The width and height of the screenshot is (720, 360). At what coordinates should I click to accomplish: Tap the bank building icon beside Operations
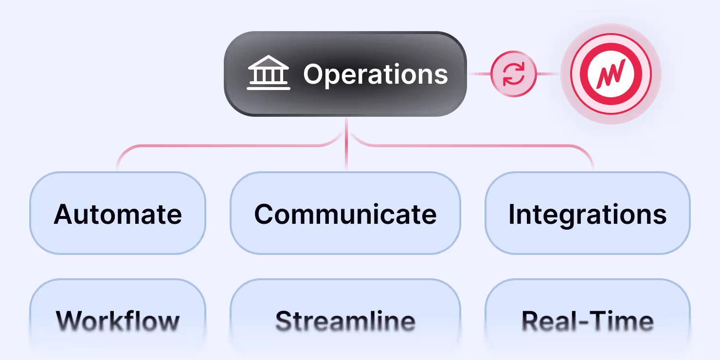(269, 73)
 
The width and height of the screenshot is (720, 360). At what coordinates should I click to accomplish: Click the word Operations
(375, 74)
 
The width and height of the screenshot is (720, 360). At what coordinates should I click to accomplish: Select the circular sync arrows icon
(514, 74)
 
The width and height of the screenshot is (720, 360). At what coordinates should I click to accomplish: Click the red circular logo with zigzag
(612, 74)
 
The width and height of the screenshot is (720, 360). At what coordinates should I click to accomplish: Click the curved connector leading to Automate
(195, 145)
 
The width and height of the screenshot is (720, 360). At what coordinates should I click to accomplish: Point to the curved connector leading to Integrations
(486, 145)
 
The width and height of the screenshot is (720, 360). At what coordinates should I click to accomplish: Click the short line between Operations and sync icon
(479, 74)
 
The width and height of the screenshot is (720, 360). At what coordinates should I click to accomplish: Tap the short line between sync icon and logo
(548, 74)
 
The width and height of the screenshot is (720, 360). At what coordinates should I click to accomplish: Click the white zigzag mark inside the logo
(612, 74)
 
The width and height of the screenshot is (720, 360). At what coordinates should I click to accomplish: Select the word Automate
(118, 214)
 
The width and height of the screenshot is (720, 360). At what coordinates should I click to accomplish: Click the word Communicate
(345, 214)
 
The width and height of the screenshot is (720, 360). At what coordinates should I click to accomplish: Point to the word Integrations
(587, 214)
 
